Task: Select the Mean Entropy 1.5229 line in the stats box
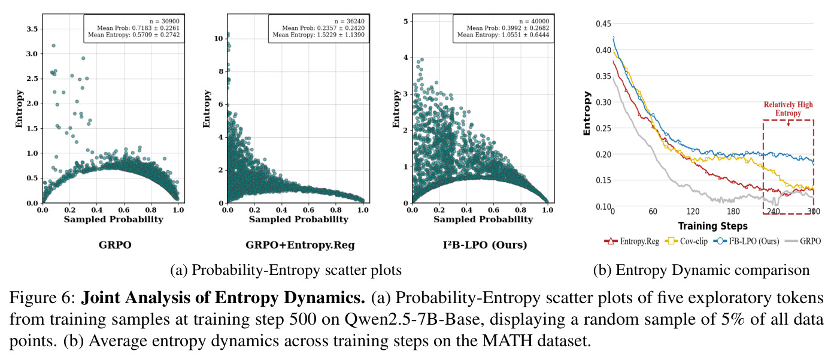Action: click(319, 35)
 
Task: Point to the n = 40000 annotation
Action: click(534, 21)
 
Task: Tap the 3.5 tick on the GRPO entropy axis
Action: click(32, 29)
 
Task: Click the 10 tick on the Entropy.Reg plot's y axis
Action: click(219, 38)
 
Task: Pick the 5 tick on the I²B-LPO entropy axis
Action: click(405, 21)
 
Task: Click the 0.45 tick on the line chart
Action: click(603, 24)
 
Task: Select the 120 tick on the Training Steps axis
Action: click(693, 211)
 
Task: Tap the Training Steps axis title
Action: click(712, 226)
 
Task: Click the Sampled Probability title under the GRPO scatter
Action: click(114, 219)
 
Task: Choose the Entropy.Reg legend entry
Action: click(632, 241)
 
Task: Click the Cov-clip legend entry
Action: click(686, 241)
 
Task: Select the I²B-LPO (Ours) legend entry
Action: click(746, 241)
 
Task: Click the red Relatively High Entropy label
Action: click(788, 109)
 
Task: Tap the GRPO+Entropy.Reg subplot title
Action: click(300, 245)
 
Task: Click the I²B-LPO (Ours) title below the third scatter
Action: click(485, 245)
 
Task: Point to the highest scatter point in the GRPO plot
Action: click(54, 46)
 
